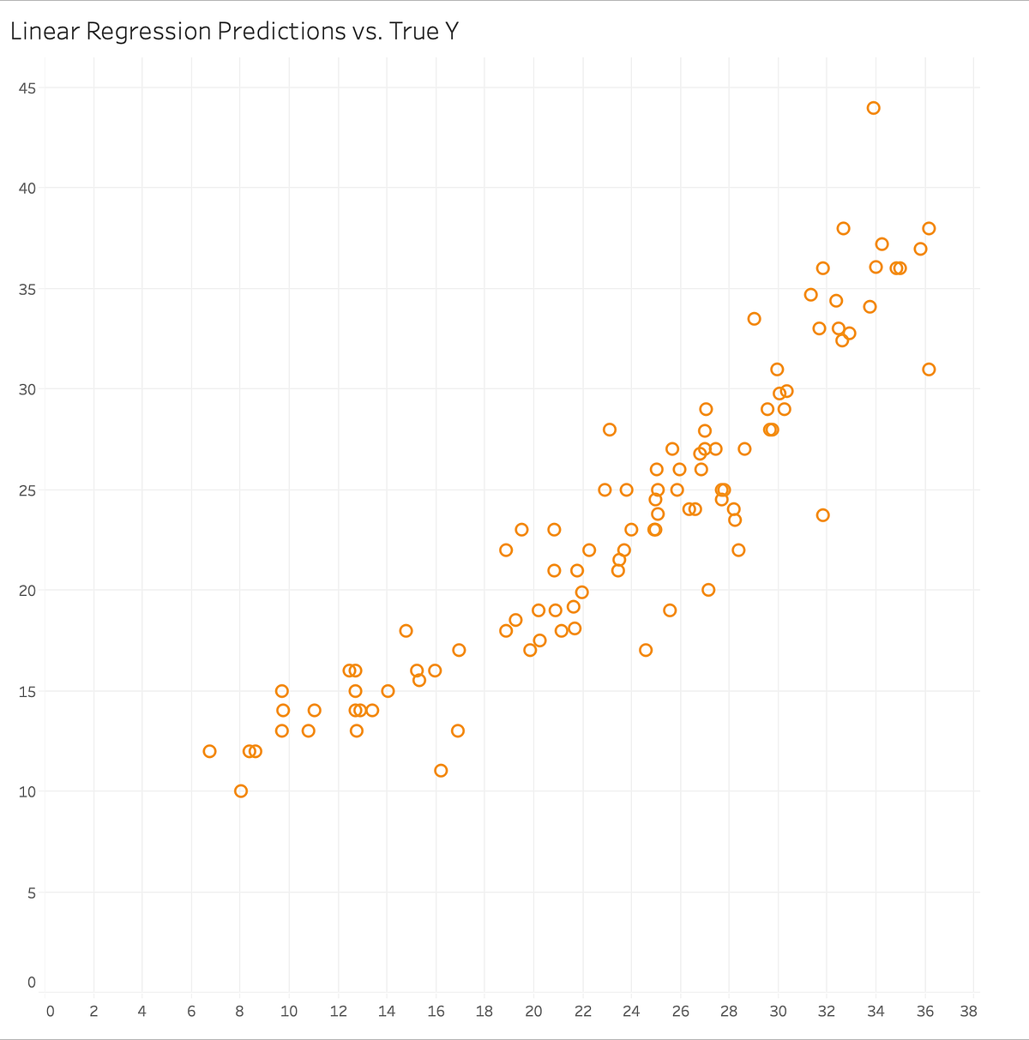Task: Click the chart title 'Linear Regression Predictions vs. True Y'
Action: (x=234, y=32)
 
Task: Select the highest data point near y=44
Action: (x=873, y=108)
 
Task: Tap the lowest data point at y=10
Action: (x=241, y=791)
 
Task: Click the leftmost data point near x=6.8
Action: (x=209, y=751)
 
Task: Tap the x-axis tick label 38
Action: (x=969, y=1012)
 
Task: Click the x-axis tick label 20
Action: (x=533, y=1012)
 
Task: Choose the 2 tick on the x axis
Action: (x=93, y=1012)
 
